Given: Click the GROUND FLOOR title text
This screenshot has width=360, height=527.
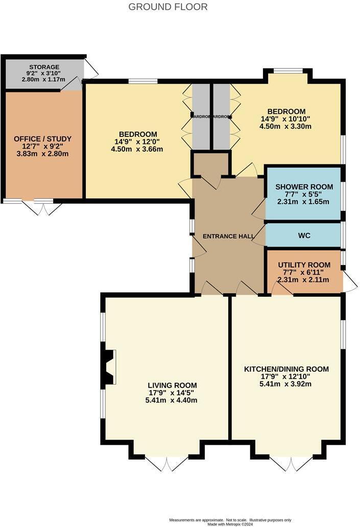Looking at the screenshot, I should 167,7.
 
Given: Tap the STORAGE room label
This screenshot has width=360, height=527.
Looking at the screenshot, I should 44,67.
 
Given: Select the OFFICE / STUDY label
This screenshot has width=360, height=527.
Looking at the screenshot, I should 42,139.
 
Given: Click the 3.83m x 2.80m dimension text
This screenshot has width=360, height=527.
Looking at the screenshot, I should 42,154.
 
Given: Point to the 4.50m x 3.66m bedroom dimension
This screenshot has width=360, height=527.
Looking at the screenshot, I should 137,149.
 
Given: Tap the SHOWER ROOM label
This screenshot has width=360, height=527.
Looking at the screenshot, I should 304,186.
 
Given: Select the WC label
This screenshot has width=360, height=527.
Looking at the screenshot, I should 304,236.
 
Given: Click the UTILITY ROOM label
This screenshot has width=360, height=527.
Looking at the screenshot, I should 304,265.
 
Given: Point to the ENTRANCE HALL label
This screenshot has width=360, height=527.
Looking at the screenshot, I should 227,236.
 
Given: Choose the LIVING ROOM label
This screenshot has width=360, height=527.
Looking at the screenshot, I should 172,385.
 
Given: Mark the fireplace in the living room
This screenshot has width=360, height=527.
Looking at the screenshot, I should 109,367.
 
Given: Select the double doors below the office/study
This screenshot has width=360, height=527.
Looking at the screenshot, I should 43,207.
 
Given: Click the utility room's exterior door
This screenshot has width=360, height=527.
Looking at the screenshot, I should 349,282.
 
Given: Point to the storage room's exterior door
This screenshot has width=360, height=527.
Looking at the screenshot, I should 90,69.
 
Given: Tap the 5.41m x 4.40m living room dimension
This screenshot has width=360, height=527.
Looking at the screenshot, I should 172,400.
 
